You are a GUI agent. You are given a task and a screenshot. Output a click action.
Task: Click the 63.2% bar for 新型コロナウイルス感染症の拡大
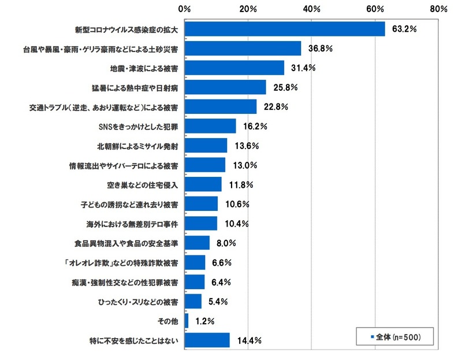285,29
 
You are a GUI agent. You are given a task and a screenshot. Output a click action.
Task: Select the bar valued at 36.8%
243,49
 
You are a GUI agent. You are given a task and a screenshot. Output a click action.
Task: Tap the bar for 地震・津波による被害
234,68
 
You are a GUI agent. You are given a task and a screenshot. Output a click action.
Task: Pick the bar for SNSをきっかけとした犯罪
210,126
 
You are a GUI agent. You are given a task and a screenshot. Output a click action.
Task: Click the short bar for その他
187,320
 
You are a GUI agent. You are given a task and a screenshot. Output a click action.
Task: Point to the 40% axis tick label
311,9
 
